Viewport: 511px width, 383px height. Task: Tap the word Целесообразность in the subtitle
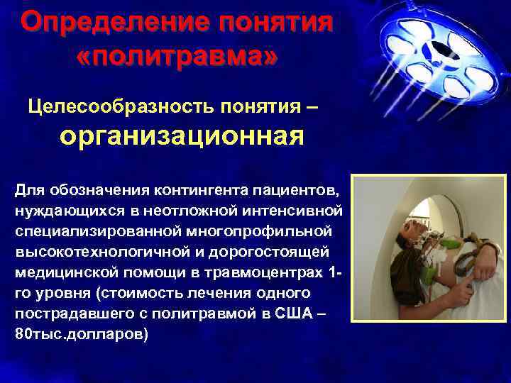point(106,107)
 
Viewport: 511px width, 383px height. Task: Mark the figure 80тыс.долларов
point(82,333)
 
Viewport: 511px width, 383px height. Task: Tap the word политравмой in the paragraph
point(216,313)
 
